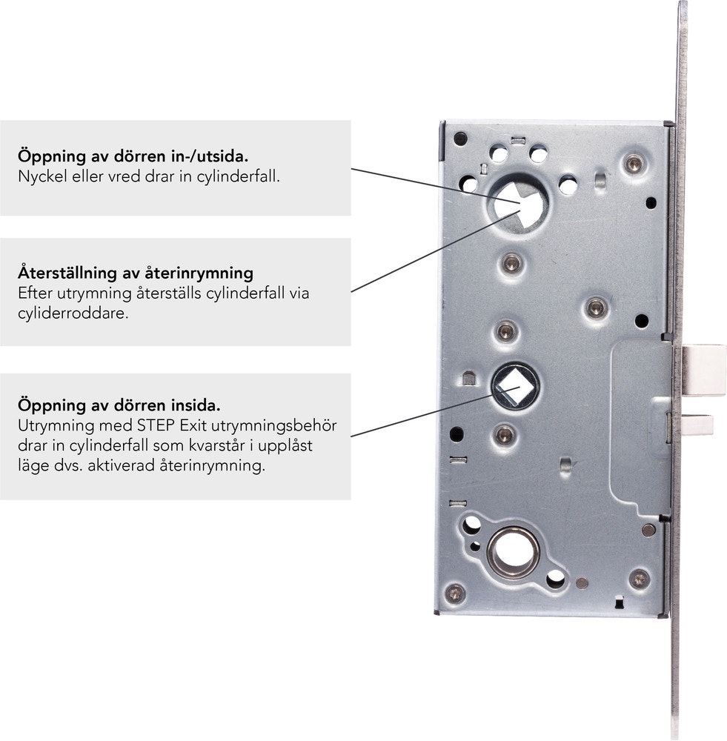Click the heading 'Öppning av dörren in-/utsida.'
click(x=133, y=156)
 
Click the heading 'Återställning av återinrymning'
click(x=136, y=273)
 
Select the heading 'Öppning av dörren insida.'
click(x=119, y=405)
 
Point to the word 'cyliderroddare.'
click(x=73, y=313)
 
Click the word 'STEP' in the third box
click(x=156, y=426)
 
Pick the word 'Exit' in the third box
click(x=193, y=426)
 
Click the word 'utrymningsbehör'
click(x=273, y=426)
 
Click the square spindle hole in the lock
click(x=514, y=386)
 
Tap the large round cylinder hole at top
click(x=517, y=204)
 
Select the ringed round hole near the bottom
click(x=514, y=552)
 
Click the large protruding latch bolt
click(x=703, y=370)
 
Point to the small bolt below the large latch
click(x=697, y=425)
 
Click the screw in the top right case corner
click(x=634, y=164)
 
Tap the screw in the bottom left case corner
click(x=455, y=593)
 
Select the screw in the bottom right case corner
click(x=640, y=579)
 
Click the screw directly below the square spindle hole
click(x=505, y=434)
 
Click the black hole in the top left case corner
click(x=460, y=139)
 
